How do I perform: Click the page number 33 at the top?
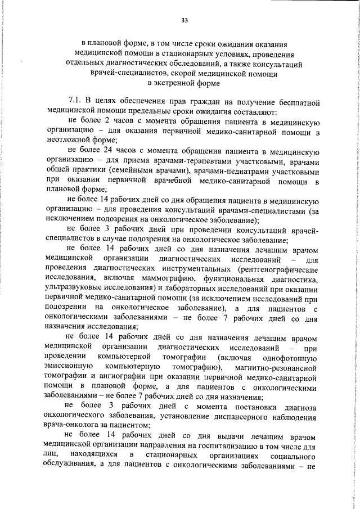pyautogui.click(x=184, y=21)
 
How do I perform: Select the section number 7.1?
pyautogui.click(x=75, y=102)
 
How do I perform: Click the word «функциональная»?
pyautogui.click(x=245, y=278)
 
